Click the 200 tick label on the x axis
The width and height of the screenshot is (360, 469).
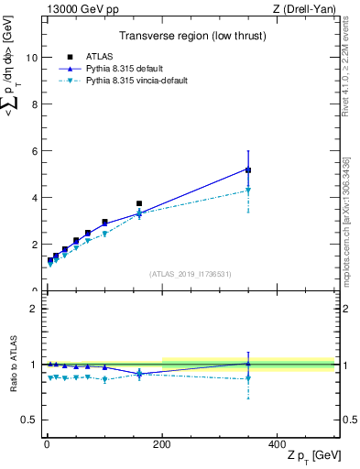click(x=161, y=442)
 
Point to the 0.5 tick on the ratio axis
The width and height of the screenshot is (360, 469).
click(x=28, y=420)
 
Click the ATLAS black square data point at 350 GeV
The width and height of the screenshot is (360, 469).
click(x=248, y=170)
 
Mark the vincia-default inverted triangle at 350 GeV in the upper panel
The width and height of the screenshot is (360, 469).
click(x=248, y=191)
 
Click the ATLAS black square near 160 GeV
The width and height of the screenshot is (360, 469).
click(x=139, y=203)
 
